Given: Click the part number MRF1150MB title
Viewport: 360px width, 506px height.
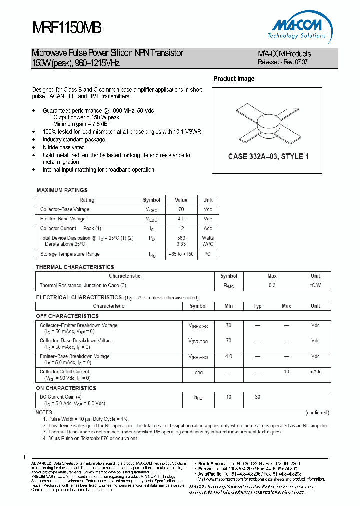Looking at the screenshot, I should coord(67,28).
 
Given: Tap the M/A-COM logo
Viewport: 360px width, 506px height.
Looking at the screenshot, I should coord(299,28).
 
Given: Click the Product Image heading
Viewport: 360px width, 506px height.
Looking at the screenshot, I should coord(234,79).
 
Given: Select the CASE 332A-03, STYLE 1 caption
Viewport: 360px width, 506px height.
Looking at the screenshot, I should coord(268,156).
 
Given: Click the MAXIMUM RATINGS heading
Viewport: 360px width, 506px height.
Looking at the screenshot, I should coord(62,190).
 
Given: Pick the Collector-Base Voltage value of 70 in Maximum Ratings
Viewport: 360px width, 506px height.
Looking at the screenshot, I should coord(181,209).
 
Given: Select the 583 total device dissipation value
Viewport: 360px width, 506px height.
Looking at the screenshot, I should coord(181,238).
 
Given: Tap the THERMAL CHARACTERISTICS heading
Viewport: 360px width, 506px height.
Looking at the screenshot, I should coord(75,267).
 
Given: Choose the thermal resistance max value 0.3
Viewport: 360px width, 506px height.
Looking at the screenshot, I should coord(272,285).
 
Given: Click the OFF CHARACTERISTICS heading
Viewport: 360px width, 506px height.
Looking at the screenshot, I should coord(67,316).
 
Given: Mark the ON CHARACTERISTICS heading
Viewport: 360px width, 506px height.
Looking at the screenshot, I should coord(66,388).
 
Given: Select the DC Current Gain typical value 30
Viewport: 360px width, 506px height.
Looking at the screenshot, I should coord(257,397).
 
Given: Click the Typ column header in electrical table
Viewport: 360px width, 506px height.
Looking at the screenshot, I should coord(257,306).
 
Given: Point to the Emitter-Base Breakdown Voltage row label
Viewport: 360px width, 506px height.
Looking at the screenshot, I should coord(74,356).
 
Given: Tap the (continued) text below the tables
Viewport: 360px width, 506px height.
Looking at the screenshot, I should coord(317,413).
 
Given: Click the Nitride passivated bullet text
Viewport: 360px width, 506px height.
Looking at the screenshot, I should coord(64,148).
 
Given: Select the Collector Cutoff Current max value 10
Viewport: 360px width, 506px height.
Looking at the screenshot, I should coord(286,372).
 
